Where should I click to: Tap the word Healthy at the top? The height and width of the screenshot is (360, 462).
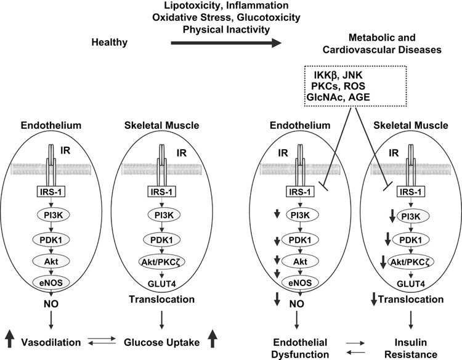(110, 43)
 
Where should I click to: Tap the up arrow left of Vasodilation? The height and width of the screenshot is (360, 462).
(10, 339)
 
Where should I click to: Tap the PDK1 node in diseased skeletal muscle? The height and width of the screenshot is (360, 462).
(408, 239)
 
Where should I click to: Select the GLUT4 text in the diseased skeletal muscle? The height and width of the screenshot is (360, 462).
(408, 283)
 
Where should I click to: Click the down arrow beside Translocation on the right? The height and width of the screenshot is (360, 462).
(375, 300)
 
